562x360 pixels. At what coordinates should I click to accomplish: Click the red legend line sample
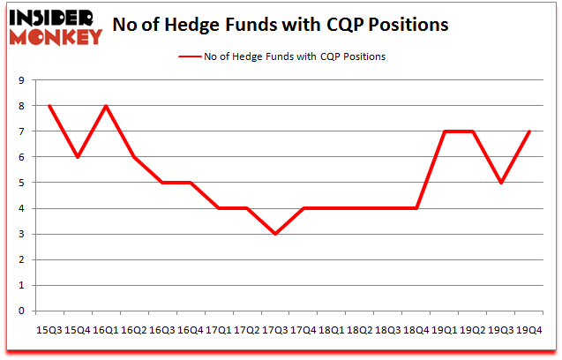point(190,56)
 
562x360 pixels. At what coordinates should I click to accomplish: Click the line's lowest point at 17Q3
point(275,234)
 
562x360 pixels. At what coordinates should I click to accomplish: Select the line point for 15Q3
point(49,106)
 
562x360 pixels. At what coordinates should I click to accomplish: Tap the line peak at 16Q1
point(106,106)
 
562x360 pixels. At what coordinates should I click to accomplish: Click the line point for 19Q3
point(501,183)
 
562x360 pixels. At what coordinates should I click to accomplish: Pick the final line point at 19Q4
point(529,131)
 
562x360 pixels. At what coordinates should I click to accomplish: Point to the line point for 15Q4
point(78,157)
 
